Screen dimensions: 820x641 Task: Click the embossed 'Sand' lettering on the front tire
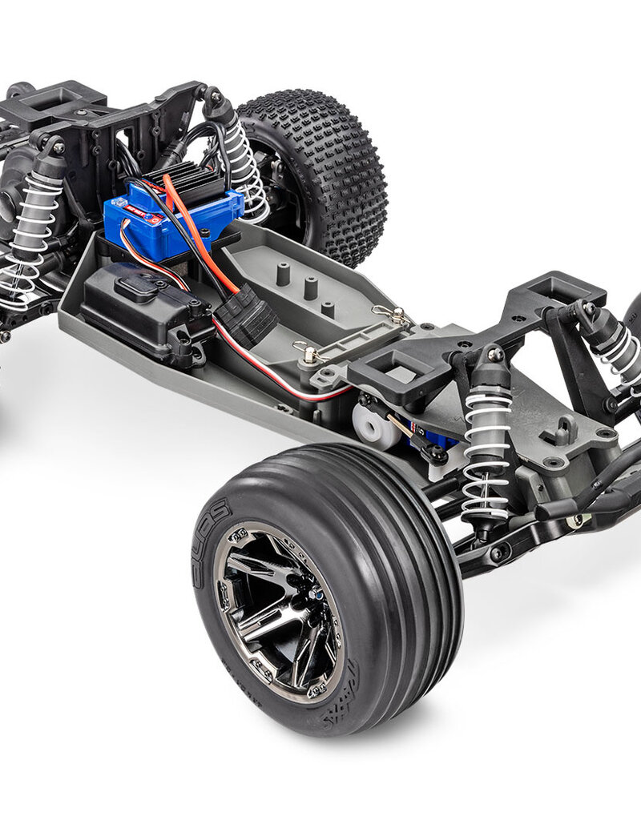click(x=211, y=533)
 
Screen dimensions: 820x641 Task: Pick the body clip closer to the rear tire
click(x=388, y=316)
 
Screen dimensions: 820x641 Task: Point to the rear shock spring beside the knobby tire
click(x=244, y=168)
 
